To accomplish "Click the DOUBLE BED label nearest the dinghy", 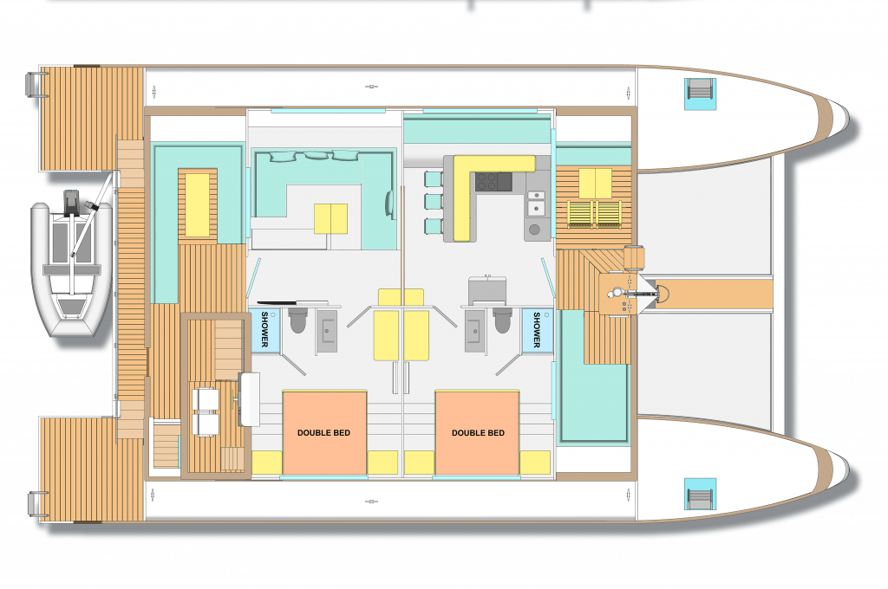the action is click(x=323, y=433).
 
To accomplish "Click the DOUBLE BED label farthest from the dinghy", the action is click(x=478, y=433).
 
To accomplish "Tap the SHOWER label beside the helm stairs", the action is click(x=264, y=329).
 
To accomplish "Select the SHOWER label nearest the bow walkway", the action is click(x=536, y=329).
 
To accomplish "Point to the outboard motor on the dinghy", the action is click(x=72, y=203).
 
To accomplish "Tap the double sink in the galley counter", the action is click(x=535, y=203).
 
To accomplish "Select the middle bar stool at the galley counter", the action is click(x=434, y=202).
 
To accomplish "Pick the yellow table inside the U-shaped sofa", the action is click(x=330, y=218).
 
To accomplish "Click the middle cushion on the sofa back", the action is click(x=316, y=155).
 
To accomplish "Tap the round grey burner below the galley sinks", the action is click(x=534, y=230).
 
